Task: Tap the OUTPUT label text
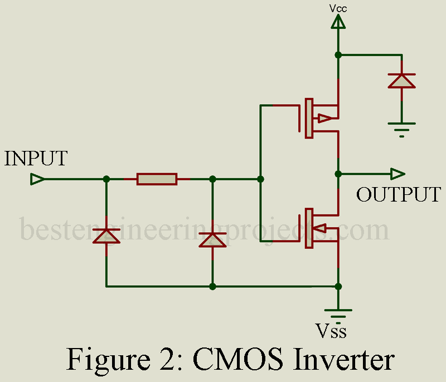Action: [x=399, y=195]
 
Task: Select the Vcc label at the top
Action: [x=338, y=8]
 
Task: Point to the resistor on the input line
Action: [x=157, y=179]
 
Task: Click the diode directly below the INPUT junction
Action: [x=106, y=236]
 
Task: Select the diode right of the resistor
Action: [x=212, y=239]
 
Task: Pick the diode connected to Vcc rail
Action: [x=401, y=80]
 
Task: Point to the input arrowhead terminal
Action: [x=37, y=179]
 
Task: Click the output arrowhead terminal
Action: [x=397, y=174]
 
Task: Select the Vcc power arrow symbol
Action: [x=338, y=22]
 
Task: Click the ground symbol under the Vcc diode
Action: [x=401, y=127]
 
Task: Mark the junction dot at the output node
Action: [x=338, y=174]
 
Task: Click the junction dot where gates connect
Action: [x=260, y=179]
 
